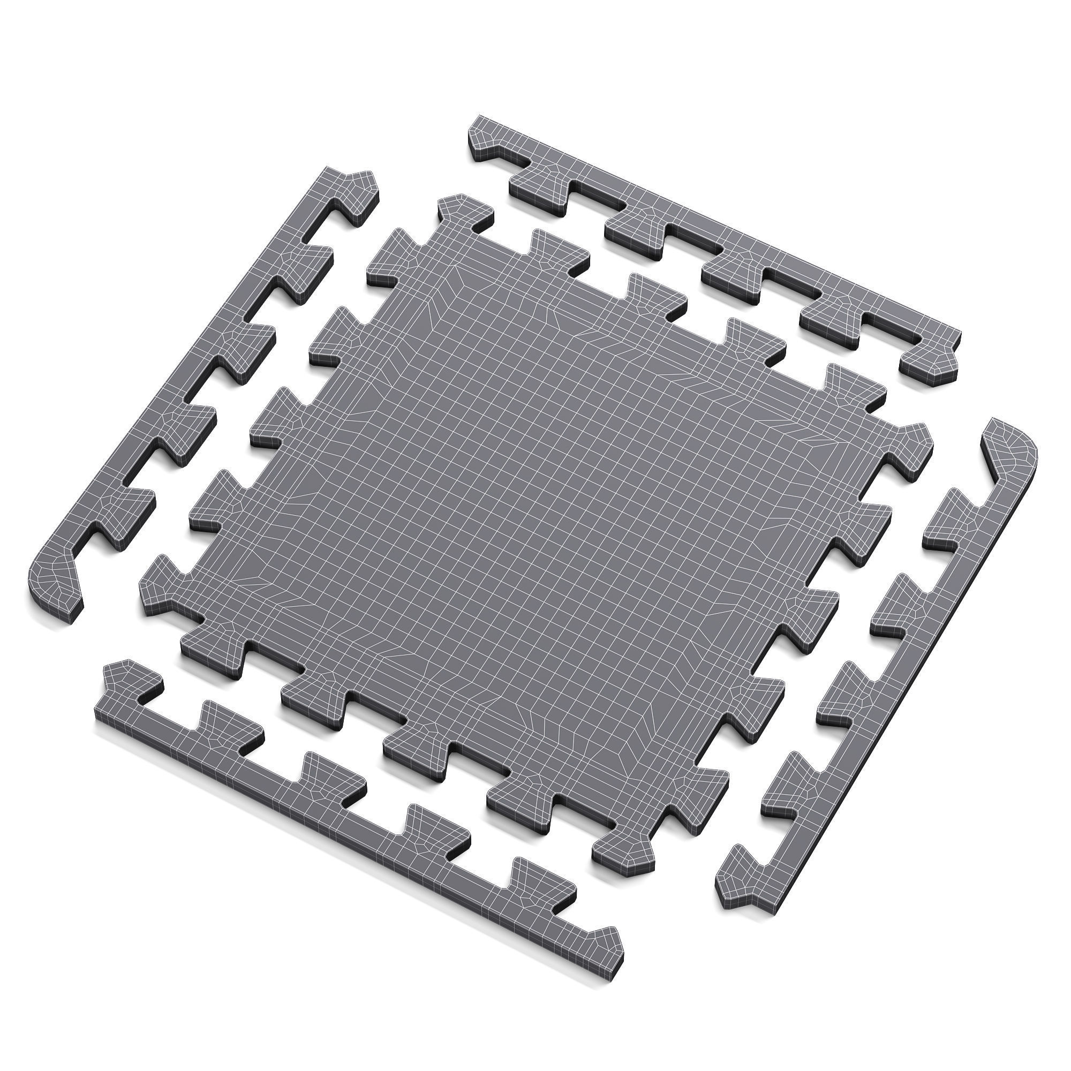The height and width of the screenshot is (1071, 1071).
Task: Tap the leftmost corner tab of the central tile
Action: [161, 587]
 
